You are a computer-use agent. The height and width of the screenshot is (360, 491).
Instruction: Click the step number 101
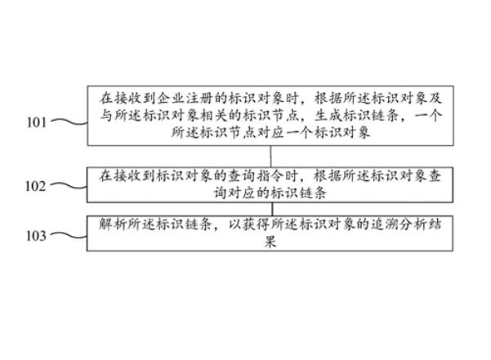point(35,122)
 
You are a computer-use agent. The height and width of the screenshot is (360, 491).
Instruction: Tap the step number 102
point(35,185)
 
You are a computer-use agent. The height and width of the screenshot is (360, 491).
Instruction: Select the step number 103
point(35,235)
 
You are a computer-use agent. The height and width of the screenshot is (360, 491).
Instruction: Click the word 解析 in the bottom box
point(111,223)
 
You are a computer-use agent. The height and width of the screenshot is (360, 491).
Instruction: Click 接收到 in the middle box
point(134,175)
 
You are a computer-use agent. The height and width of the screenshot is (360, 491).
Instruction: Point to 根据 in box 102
point(320,175)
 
